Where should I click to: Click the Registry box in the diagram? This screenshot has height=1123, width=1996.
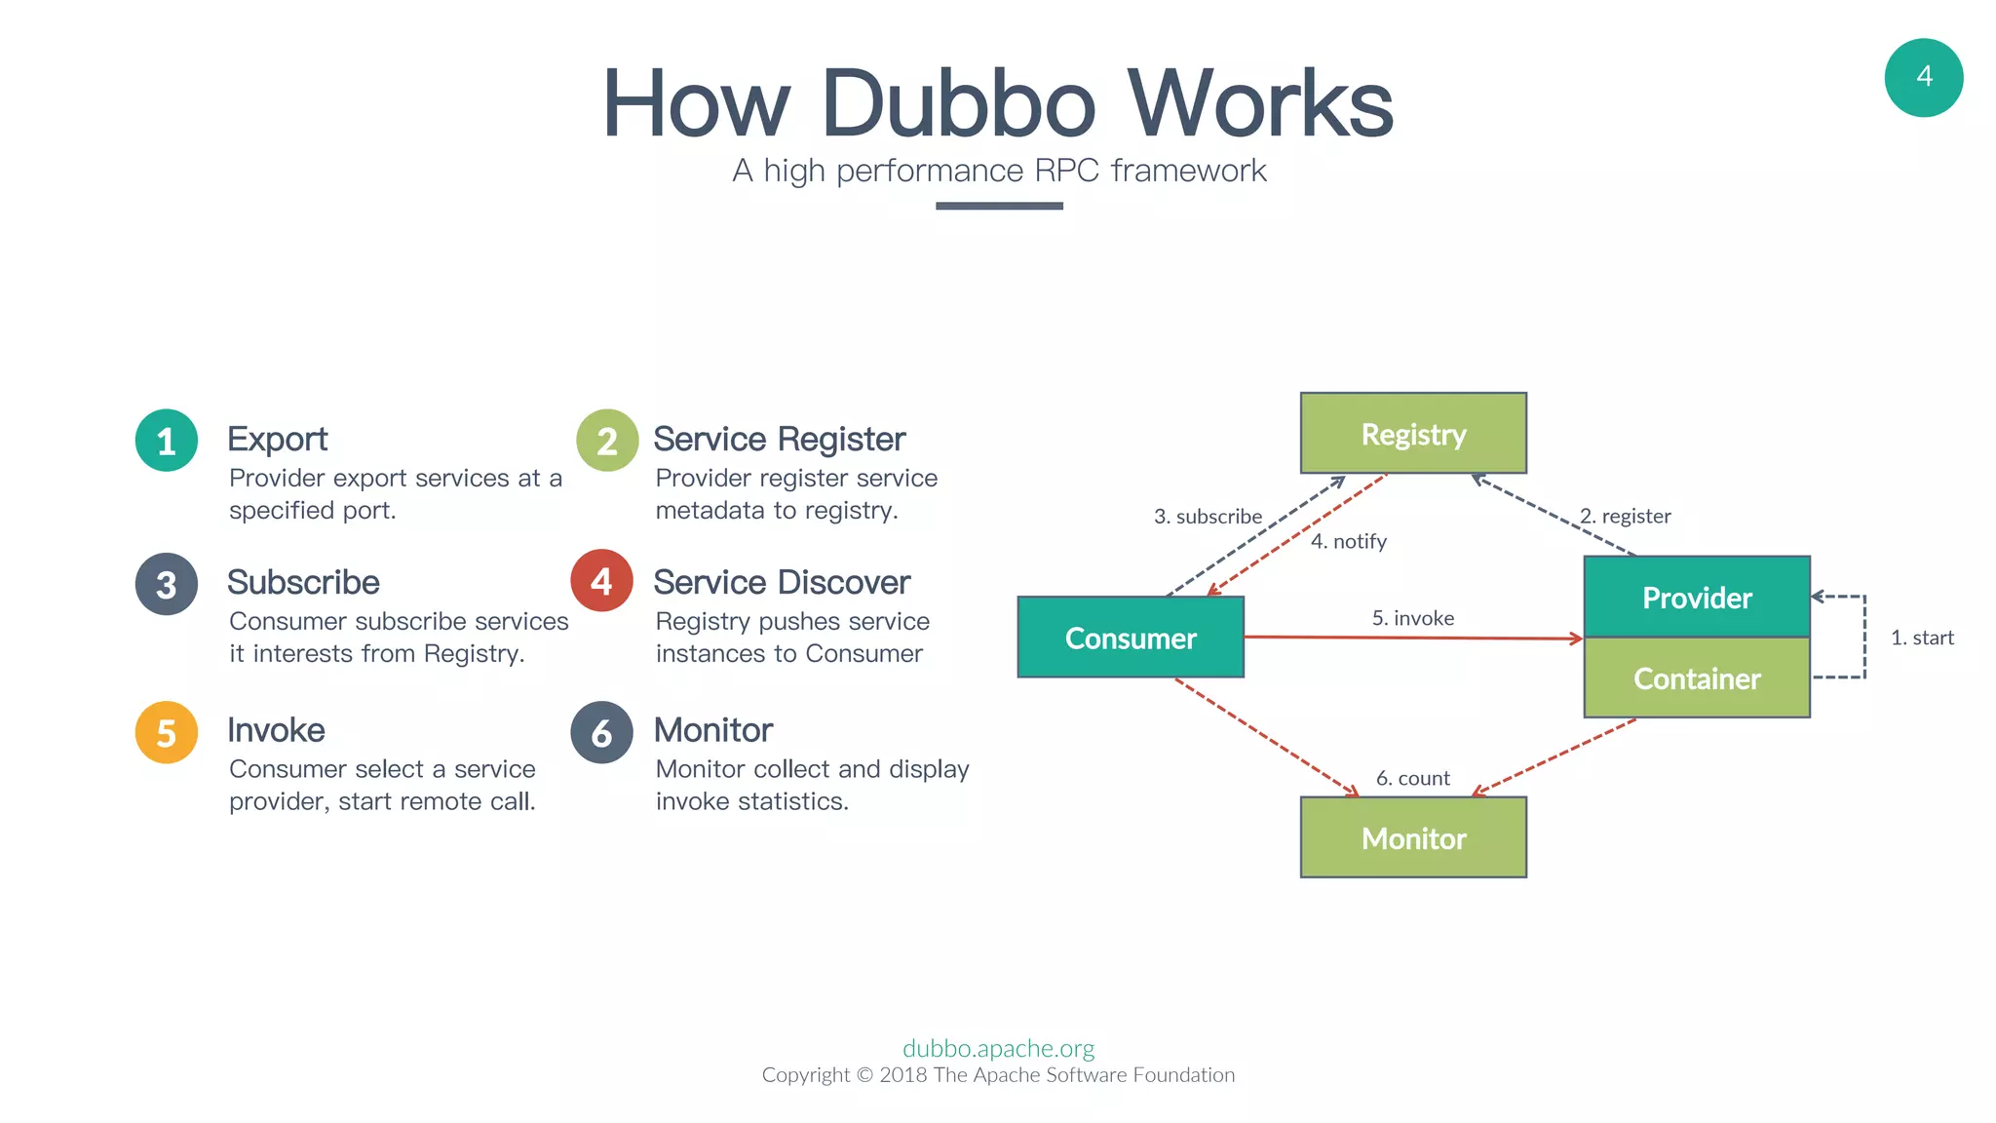[1413, 434]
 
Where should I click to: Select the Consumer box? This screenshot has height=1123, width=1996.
[1131, 638]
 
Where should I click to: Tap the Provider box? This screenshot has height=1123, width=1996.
[1697, 598]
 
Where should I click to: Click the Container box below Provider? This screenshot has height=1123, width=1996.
[1697, 678]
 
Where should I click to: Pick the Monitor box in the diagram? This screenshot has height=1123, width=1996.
[1413, 838]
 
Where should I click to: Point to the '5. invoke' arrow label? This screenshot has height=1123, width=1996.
[1412, 618]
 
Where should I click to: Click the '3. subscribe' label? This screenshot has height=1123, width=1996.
[1208, 517]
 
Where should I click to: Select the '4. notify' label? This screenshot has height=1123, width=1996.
[1348, 542]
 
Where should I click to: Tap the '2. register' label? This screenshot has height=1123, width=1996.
[1625, 516]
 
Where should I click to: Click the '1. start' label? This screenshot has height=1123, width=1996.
[1922, 638]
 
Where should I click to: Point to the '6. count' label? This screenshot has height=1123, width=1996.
[1412, 778]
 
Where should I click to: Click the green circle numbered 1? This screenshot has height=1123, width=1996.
[167, 441]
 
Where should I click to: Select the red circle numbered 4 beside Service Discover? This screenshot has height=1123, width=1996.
[601, 581]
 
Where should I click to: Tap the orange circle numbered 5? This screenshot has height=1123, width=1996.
[167, 732]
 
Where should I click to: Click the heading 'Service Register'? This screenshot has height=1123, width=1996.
[779, 440]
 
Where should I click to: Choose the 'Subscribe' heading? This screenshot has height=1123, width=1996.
[303, 583]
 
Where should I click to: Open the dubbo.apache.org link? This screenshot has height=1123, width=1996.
[998, 1048]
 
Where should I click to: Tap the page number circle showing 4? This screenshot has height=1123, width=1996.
[1923, 78]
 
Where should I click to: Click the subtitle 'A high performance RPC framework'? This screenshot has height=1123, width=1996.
[999, 171]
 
